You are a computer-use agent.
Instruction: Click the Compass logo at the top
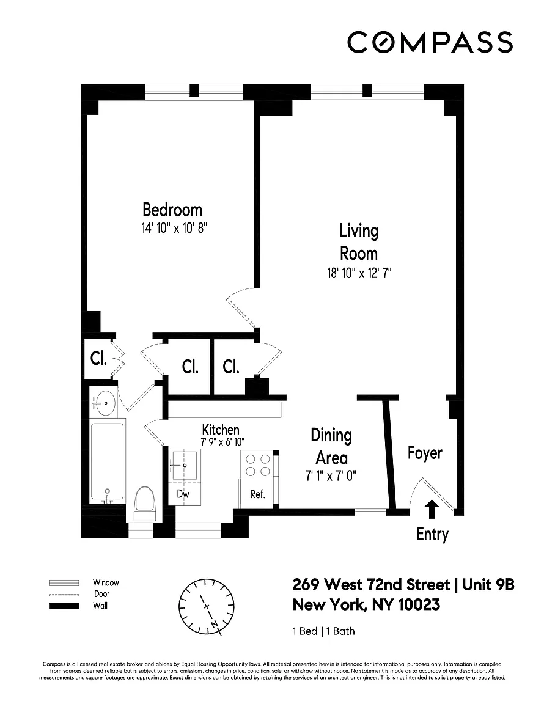coord(430,42)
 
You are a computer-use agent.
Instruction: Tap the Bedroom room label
coord(172,210)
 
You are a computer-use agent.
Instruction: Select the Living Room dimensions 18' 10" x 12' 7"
coord(359,273)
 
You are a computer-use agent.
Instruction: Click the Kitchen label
coord(221,429)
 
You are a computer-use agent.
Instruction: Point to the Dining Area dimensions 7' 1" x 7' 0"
coord(331,475)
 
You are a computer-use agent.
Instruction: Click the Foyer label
coord(425,453)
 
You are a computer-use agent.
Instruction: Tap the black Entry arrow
coord(432,510)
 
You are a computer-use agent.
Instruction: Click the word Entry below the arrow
coord(432,534)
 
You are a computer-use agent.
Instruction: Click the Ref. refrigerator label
coord(257,494)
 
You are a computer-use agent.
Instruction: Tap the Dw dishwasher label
coord(183,494)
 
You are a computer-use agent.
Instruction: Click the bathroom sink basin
coord(103,403)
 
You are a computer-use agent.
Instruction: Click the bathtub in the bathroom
coord(107,462)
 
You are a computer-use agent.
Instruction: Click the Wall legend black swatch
coord(64,606)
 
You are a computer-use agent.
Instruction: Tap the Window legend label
coord(106,583)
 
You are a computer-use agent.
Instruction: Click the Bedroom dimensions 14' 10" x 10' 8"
coord(174,228)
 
